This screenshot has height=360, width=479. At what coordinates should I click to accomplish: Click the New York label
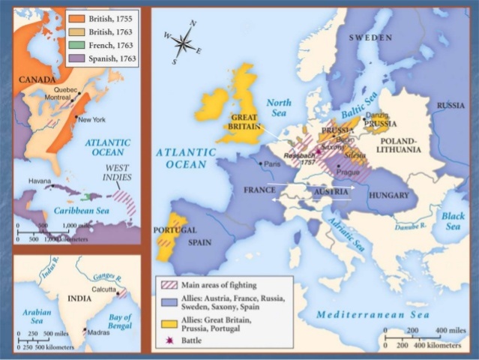point(91,120)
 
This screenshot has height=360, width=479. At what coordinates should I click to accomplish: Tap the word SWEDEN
point(369,38)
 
